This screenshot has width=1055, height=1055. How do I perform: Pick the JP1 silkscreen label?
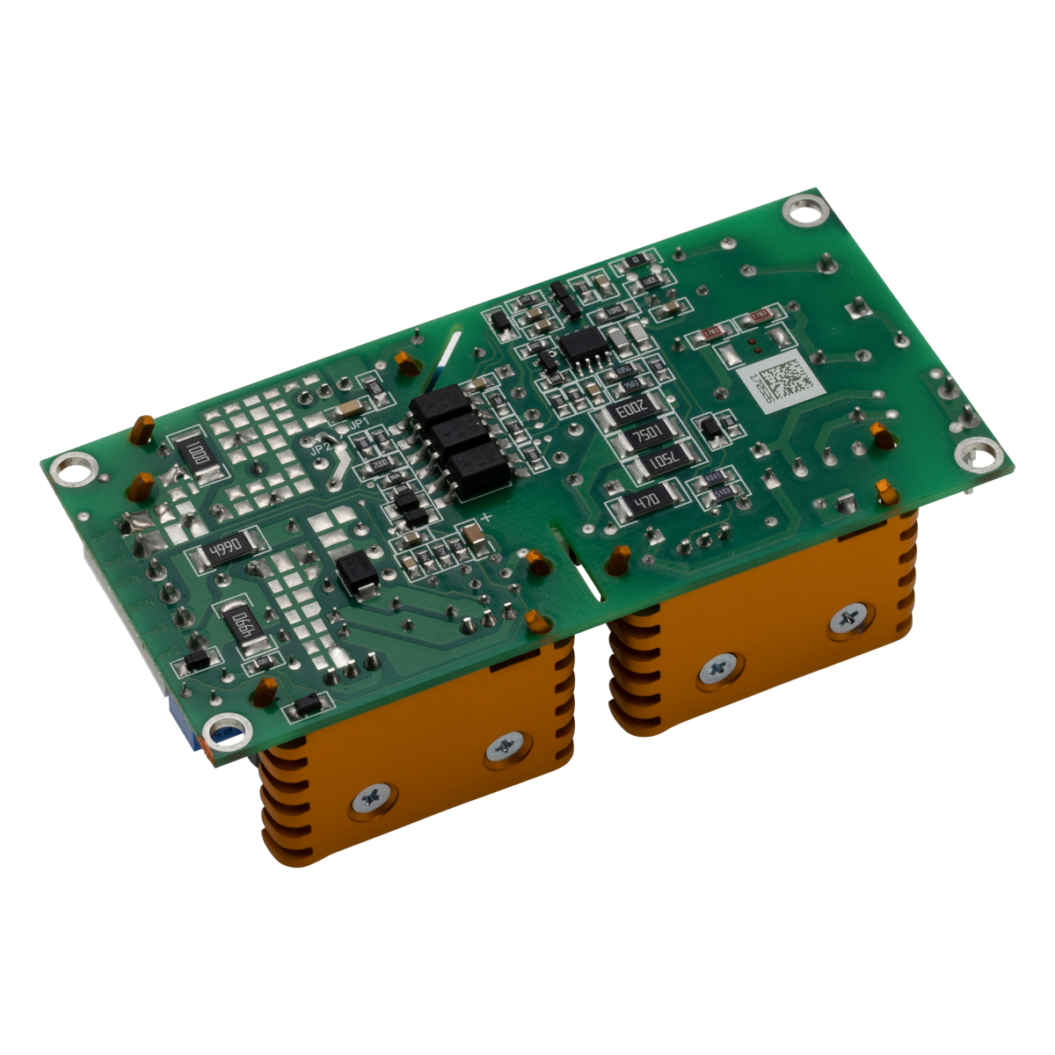[359, 425]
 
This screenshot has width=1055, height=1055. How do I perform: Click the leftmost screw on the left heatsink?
[369, 798]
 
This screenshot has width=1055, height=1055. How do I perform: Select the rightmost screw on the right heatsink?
[850, 620]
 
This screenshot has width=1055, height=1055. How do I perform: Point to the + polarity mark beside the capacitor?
[487, 516]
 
